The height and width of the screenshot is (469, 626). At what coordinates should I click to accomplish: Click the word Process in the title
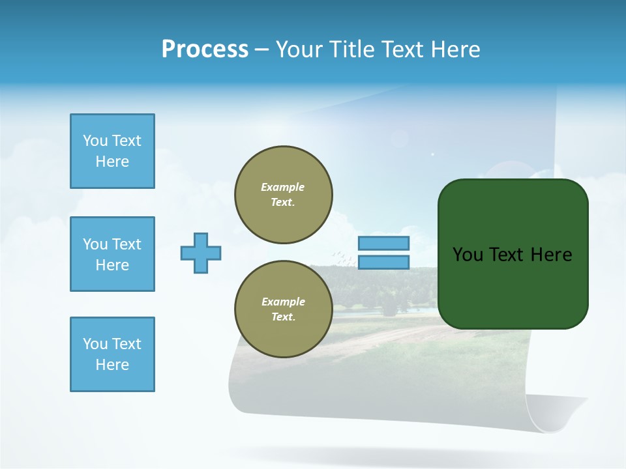(x=205, y=50)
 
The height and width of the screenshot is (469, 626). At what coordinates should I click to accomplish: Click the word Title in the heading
(x=350, y=50)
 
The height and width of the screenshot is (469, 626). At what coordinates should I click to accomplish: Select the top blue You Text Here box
(x=112, y=151)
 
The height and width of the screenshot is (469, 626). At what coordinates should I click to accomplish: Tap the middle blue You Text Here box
(x=112, y=254)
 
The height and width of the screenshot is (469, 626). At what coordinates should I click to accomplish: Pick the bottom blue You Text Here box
(x=112, y=354)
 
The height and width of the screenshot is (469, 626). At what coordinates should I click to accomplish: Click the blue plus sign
(x=201, y=253)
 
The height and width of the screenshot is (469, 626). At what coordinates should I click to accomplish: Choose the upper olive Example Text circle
(x=283, y=194)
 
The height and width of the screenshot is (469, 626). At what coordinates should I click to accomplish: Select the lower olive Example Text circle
(x=283, y=309)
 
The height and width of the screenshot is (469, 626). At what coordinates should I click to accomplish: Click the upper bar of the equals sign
(x=383, y=243)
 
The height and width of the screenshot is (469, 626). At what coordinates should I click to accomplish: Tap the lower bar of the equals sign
(x=383, y=262)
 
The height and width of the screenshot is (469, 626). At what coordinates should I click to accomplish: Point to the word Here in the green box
(x=551, y=255)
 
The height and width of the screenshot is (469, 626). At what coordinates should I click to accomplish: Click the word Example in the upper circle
(x=283, y=187)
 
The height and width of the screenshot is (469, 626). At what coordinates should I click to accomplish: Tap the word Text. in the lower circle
(x=283, y=317)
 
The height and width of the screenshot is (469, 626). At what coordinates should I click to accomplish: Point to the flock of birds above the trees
(x=344, y=259)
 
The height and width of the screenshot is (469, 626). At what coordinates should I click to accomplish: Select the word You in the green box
(x=467, y=255)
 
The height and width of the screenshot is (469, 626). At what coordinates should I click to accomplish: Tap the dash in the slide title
(x=261, y=50)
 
